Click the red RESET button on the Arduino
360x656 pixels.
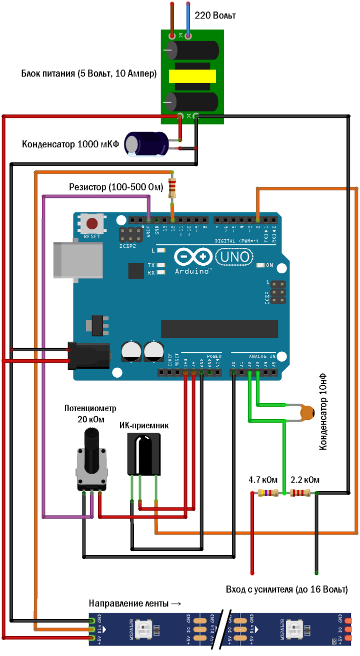(x=92, y=223)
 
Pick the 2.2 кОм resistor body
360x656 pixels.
(x=300, y=494)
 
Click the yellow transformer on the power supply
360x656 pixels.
(x=192, y=76)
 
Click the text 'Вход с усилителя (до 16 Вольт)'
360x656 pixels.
(x=286, y=589)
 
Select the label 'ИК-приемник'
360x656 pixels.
(x=144, y=426)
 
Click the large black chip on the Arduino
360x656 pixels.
(x=219, y=328)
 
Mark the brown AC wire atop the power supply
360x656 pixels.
(x=172, y=20)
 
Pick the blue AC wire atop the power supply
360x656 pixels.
(x=188, y=20)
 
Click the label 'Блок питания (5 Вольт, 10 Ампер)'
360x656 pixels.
(x=89, y=74)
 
